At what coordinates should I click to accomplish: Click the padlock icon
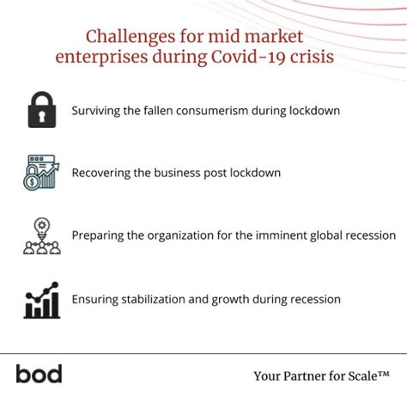pyautogui.click(x=40, y=111)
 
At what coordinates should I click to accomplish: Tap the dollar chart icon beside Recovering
pyautogui.click(x=40, y=173)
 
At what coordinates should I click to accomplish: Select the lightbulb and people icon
pyautogui.click(x=40, y=235)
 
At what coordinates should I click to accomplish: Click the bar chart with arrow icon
pyautogui.click(x=40, y=299)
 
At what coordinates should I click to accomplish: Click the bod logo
pyautogui.click(x=39, y=374)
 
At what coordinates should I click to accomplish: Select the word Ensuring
pyautogui.click(x=98, y=299)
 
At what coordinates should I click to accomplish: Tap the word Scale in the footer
pyautogui.click(x=370, y=376)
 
